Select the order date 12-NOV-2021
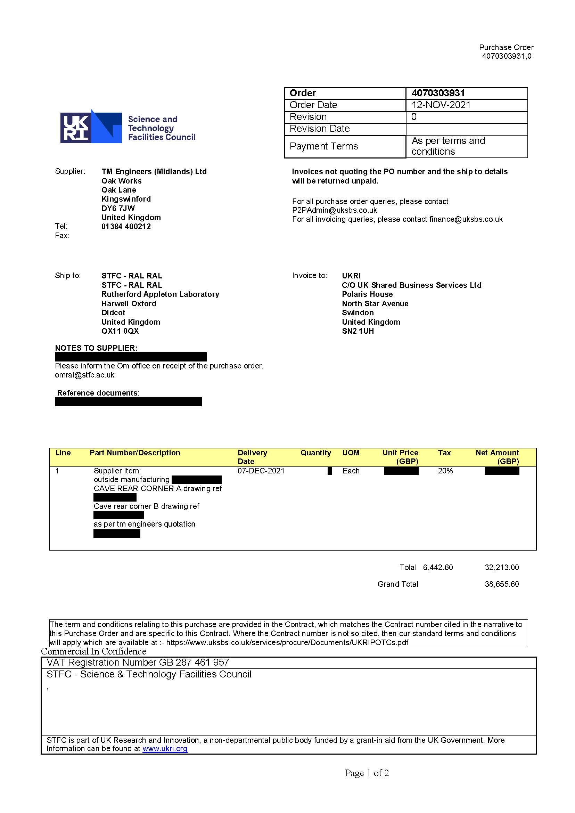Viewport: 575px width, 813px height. pyautogui.click(x=441, y=105)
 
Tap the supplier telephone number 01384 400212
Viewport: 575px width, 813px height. pyautogui.click(x=126, y=227)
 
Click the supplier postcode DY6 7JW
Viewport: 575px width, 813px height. pyautogui.click(x=118, y=208)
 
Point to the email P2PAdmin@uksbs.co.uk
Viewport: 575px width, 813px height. pyautogui.click(x=334, y=210)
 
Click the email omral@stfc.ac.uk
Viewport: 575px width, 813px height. pyautogui.click(x=85, y=375)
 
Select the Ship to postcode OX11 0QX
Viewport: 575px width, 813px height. pyautogui.click(x=120, y=331)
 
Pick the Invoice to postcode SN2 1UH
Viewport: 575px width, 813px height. pyautogui.click(x=358, y=331)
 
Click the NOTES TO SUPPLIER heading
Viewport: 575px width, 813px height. pyautogui.click(x=96, y=348)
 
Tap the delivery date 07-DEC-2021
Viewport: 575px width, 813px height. pyautogui.click(x=261, y=471)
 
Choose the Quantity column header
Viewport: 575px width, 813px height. pyautogui.click(x=315, y=453)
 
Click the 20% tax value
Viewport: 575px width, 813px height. pyautogui.click(x=445, y=471)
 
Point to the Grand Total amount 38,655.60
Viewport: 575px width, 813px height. pyautogui.click(x=501, y=584)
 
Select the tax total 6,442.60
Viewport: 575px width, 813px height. pyautogui.click(x=438, y=568)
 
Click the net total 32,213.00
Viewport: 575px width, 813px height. pyautogui.click(x=501, y=568)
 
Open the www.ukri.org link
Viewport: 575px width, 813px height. pyautogui.click(x=165, y=749)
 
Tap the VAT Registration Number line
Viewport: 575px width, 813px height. pyautogui.click(x=138, y=662)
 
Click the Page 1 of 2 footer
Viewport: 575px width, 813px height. pyautogui.click(x=367, y=773)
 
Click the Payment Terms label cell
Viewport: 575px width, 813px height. pyautogui.click(x=323, y=146)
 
